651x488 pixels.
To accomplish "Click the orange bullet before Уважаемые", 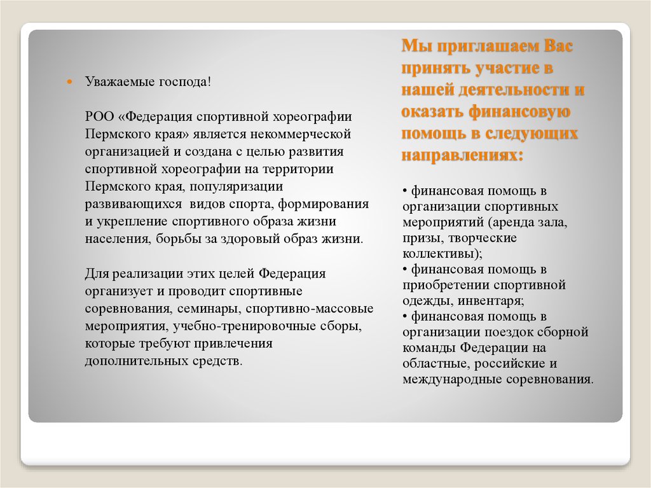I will click(71, 83).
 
